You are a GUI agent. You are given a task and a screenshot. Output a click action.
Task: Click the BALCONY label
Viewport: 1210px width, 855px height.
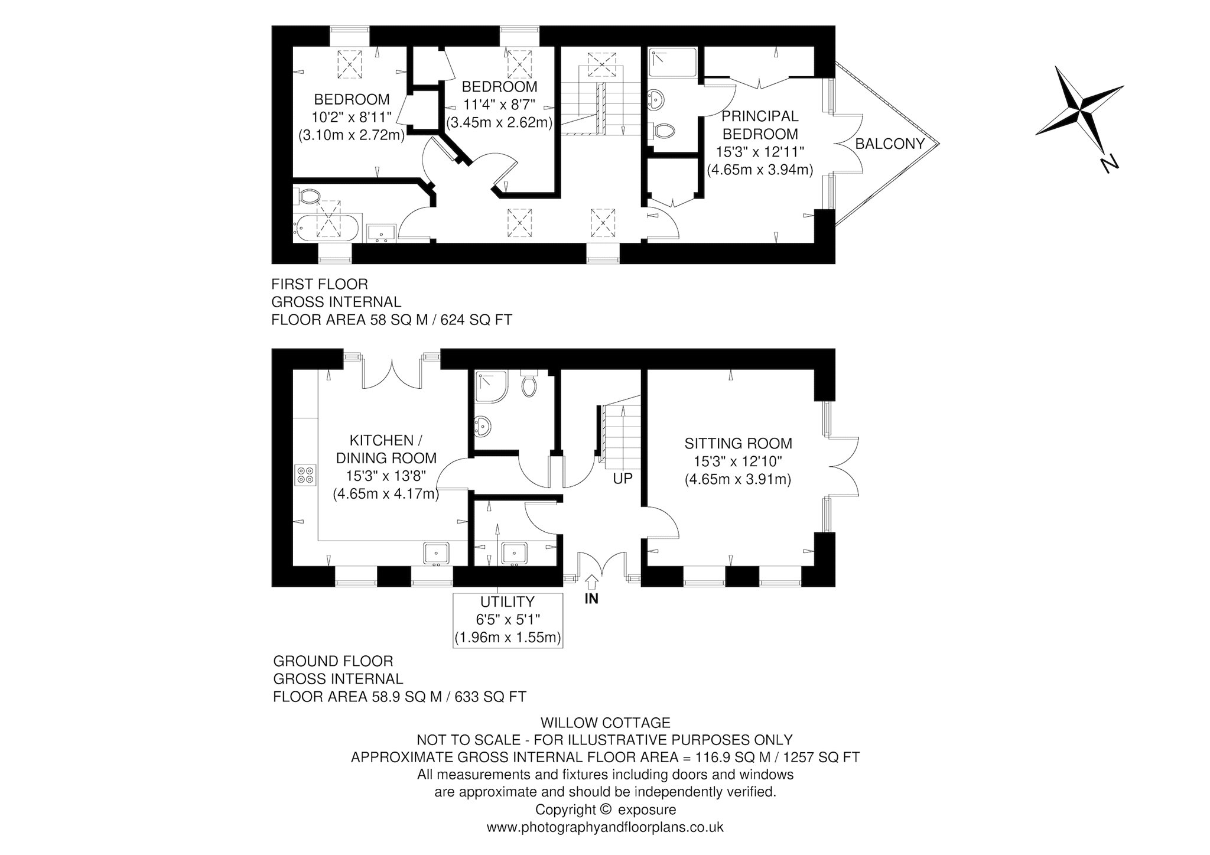[889, 144]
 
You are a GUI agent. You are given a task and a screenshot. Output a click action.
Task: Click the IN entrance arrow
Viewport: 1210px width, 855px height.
[591, 582]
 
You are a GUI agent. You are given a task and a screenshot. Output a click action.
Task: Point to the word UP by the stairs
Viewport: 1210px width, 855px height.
[623, 479]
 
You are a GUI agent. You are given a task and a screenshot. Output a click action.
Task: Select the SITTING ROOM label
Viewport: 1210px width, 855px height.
[738, 443]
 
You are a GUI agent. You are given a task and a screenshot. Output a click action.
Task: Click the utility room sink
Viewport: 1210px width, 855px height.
[515, 554]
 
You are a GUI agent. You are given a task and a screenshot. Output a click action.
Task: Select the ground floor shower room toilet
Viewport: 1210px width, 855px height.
[529, 384]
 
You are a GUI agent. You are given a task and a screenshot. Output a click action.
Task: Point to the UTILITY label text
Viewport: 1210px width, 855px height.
[507, 602]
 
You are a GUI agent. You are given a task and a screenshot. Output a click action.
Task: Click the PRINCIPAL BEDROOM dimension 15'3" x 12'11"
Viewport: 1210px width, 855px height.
[760, 152]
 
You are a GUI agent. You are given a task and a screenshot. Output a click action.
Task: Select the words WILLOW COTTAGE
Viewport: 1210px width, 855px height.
[606, 723]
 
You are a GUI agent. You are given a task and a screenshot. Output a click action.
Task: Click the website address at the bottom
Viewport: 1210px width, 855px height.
[605, 827]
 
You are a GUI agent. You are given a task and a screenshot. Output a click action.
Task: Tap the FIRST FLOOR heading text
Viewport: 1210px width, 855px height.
[320, 285]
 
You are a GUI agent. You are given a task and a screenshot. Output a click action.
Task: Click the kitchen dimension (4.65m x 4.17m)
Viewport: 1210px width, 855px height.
[386, 493]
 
